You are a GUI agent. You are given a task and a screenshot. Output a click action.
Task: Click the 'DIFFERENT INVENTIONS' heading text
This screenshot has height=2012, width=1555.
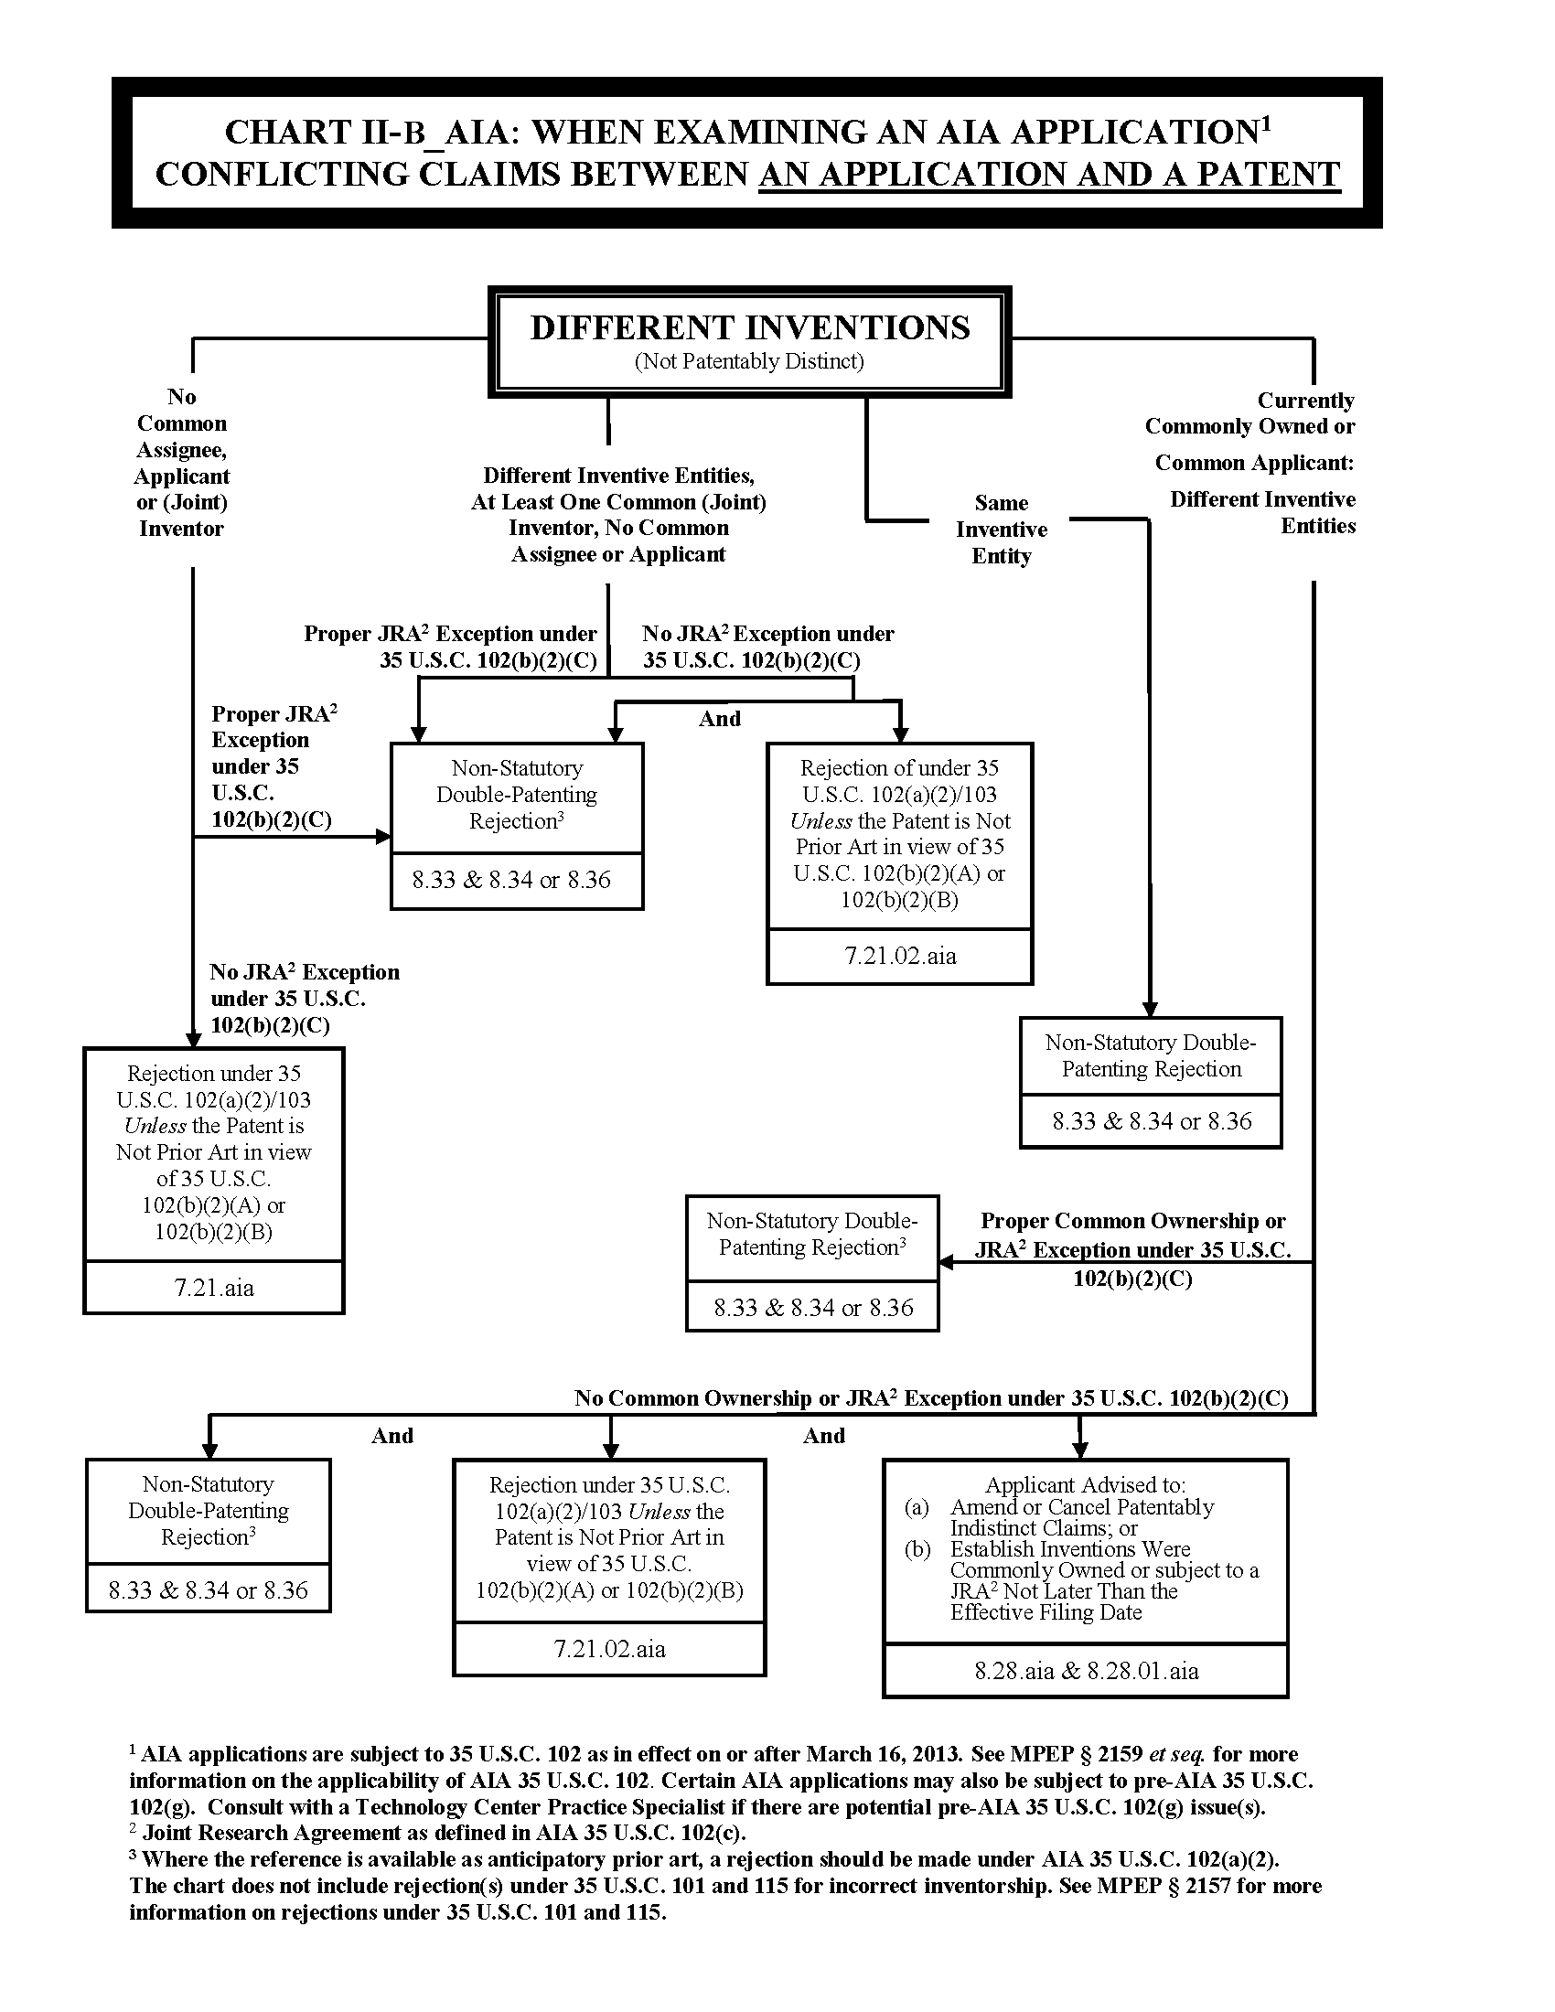pos(750,327)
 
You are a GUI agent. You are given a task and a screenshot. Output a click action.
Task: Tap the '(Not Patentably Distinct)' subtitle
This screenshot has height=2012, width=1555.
pos(749,361)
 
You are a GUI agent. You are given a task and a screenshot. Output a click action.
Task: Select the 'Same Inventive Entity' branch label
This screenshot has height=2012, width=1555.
pos(1002,529)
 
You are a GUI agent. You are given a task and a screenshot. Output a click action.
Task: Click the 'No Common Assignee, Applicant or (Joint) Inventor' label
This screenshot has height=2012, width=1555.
pos(181,463)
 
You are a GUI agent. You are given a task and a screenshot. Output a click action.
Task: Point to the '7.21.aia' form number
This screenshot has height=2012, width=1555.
pos(214,1287)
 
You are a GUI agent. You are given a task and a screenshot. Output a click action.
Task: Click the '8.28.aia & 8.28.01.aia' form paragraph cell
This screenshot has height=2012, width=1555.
pos(1086,1670)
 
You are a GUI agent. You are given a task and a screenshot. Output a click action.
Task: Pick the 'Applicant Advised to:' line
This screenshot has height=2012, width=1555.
pos(1085,1484)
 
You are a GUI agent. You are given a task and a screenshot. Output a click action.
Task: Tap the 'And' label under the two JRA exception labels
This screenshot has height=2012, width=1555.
pos(720,719)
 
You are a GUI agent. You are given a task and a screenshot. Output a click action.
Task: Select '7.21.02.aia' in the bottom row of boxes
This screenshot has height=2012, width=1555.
pos(609,1648)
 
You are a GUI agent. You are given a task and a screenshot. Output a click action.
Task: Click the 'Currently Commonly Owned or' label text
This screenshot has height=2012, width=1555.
pos(1250,413)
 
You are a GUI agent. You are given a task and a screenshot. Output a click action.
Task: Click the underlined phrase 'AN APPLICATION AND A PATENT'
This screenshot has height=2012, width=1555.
pos(1049,174)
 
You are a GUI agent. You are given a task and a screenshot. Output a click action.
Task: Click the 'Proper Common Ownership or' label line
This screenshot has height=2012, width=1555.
pos(1132,1221)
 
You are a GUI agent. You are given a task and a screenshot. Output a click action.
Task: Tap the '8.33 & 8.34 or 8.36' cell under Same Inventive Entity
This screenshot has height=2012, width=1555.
pos(1152,1120)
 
